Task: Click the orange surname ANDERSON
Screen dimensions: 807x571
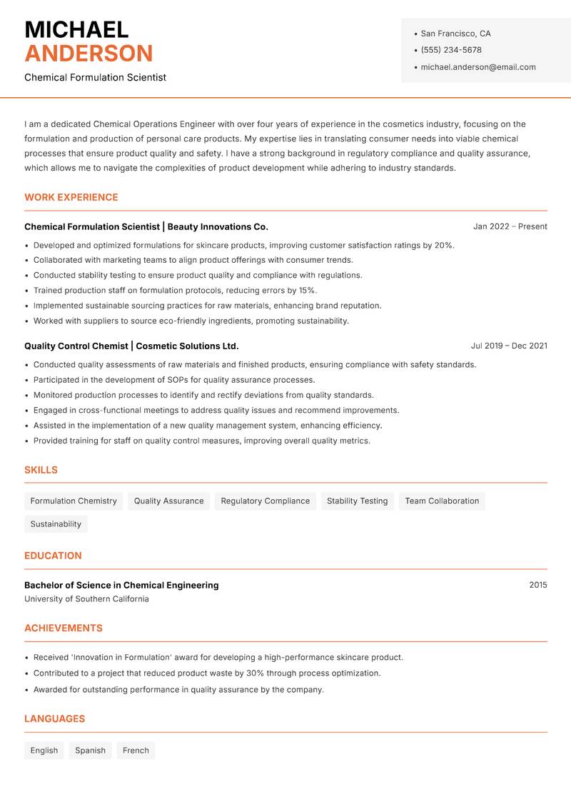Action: pos(89,54)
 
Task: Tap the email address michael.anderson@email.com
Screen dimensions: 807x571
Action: pos(478,67)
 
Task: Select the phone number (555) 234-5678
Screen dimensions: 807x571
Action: pos(451,50)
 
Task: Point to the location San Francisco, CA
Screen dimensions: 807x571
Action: pos(455,34)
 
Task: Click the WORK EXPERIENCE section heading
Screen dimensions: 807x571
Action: pos(71,197)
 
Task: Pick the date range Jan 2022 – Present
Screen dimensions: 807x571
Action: pos(510,226)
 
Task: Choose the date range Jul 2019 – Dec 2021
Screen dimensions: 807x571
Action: pos(509,346)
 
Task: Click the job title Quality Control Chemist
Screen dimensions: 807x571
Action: pos(76,346)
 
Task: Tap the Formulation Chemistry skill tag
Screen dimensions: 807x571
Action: pos(74,501)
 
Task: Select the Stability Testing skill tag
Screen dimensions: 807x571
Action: pos(357,501)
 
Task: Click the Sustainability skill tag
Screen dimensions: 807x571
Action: pos(56,523)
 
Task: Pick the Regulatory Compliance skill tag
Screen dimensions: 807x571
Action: pos(266,501)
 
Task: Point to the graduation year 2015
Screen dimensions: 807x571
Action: pos(538,585)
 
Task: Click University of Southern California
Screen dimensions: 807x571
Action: pos(86,599)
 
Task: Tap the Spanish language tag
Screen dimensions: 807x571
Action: pos(90,750)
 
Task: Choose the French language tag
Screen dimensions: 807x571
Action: pos(136,750)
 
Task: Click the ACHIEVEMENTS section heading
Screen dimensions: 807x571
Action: pos(64,628)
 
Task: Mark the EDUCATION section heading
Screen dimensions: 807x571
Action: pos(53,555)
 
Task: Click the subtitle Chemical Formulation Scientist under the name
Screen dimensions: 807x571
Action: pos(95,77)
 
